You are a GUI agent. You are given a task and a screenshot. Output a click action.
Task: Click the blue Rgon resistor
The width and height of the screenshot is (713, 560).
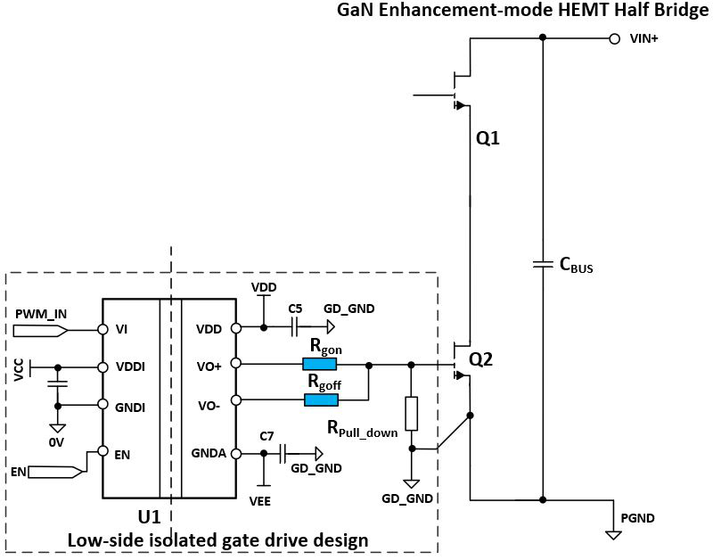coord(320,364)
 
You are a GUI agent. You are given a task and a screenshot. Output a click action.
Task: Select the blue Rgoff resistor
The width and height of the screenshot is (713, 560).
coord(320,399)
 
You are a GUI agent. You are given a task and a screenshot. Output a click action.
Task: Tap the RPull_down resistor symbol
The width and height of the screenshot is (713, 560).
coord(411,414)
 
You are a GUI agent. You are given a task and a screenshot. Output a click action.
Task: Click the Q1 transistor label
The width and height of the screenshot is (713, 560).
coord(488,139)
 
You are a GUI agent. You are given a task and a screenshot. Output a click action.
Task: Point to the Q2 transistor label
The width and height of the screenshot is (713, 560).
coord(481,360)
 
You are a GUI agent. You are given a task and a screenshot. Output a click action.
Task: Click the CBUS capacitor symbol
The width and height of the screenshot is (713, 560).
coord(543,264)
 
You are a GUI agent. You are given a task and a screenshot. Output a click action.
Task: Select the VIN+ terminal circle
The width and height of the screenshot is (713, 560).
coord(613,38)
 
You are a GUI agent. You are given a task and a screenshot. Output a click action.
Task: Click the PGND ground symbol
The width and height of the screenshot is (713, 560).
coord(612,534)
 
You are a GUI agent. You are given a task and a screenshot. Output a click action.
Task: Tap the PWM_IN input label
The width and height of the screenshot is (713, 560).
coord(41,314)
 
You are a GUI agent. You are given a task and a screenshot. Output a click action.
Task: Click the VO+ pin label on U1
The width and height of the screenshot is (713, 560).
coord(210,364)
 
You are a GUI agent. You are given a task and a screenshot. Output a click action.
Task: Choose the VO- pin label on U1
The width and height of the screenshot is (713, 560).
coord(211,406)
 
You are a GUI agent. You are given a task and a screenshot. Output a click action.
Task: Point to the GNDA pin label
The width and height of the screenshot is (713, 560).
coord(208,453)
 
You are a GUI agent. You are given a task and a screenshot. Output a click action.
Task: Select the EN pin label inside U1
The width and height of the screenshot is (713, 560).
coord(122,453)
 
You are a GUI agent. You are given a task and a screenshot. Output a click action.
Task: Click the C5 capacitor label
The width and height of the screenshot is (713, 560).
coord(295,308)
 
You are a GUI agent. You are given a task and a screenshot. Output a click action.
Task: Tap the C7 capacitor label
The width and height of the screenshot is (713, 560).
coord(266,435)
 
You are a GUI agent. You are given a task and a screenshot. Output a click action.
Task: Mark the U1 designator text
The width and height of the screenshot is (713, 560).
coord(149,517)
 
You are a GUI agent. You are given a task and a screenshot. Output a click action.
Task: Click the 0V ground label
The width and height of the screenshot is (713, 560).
coord(57,441)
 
